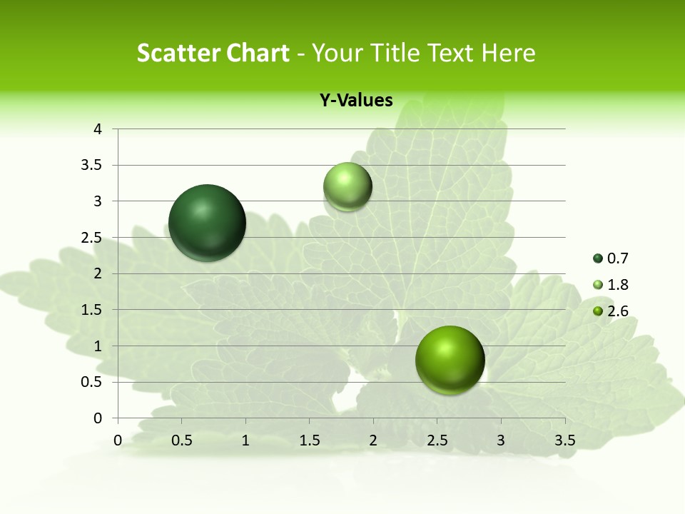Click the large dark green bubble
[x=207, y=223]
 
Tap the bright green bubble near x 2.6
[x=450, y=360]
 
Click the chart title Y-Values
[x=355, y=101]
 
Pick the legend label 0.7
[x=617, y=258]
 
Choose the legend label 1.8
[x=617, y=285]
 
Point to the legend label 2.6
[x=617, y=311]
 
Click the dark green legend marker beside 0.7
[x=598, y=258]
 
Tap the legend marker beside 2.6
[x=598, y=311]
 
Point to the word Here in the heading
[x=507, y=53]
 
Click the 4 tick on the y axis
[x=98, y=129]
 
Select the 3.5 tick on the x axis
[x=564, y=440]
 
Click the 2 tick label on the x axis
[x=373, y=440]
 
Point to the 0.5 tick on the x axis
[x=181, y=440]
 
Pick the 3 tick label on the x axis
[x=501, y=440]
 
